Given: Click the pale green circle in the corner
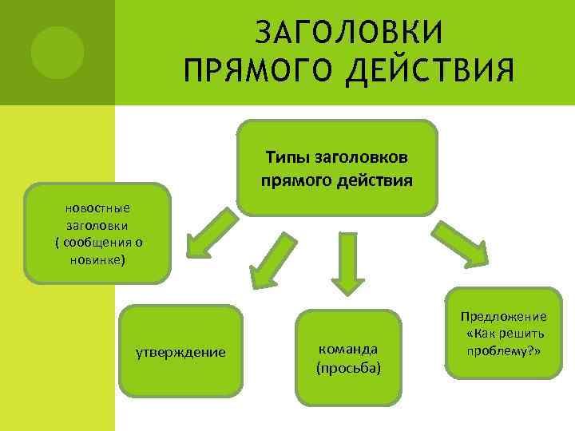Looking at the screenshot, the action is tap(57, 52).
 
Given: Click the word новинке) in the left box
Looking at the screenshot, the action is tap(98, 260).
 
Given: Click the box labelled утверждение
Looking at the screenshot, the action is tap(180, 352).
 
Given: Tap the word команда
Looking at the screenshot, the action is tap(347, 349).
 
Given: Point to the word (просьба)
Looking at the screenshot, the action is tap(348, 368).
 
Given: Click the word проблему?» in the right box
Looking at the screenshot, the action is tap(505, 350).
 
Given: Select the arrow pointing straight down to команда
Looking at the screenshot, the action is tap(348, 263).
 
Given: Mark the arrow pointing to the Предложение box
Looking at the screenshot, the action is tap(462, 243).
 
